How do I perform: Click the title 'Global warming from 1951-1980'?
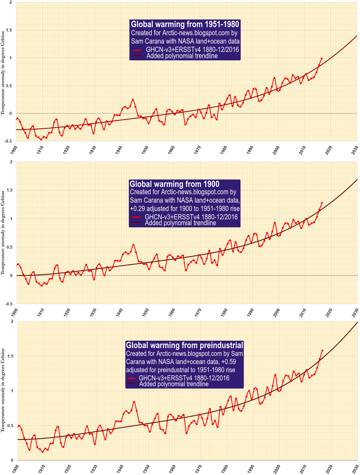tap(185, 24)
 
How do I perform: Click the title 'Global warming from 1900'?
tap(175, 184)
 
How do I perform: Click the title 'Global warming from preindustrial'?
tap(184, 345)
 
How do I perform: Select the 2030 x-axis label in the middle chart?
tap(355, 312)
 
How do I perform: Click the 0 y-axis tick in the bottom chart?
tap(12, 460)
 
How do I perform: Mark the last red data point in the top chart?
tap(322, 58)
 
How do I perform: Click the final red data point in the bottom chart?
tap(322, 351)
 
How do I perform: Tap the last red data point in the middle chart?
tap(322, 203)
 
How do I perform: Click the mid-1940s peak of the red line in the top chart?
tap(133, 99)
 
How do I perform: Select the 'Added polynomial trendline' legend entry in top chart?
tap(182, 56)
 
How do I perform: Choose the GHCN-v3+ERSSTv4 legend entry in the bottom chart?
tap(184, 378)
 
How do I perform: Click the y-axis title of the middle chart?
tap(3, 233)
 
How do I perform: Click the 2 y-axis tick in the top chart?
tap(11, 2)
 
